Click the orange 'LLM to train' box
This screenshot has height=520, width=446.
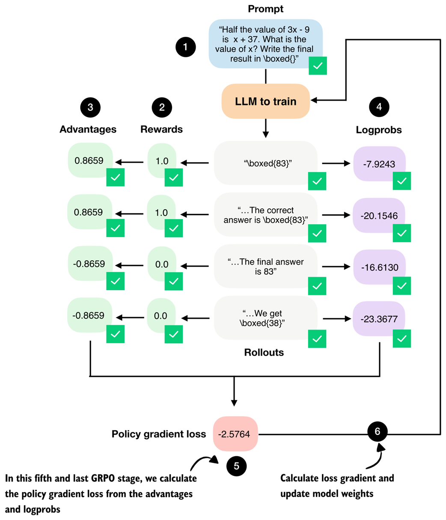266,101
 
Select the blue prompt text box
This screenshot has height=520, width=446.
265,43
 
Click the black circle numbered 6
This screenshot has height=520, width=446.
377,431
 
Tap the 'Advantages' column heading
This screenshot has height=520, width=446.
88,129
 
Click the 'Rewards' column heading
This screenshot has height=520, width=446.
161,129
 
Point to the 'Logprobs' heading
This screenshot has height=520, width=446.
379,130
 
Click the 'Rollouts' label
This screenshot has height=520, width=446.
264,353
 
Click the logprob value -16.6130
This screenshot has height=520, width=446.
379,268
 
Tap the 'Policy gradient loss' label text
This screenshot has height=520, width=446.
159,434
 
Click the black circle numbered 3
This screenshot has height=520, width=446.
90,107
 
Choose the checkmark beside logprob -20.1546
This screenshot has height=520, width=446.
401,233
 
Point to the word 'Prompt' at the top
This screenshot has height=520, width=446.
265,9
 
